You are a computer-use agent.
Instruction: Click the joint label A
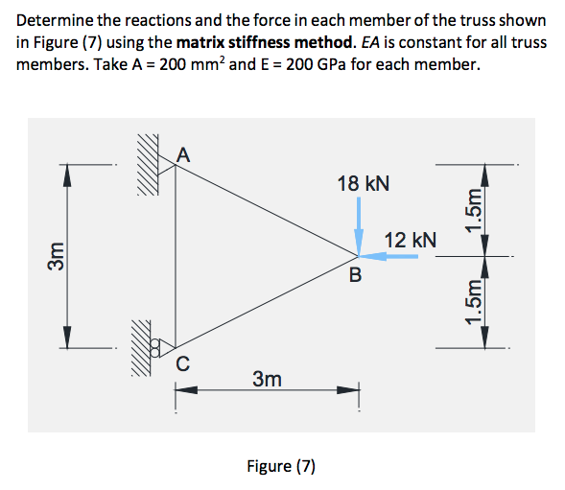tap(184, 151)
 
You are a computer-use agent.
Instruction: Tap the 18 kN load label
tap(364, 182)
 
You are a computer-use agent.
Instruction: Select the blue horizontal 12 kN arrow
tap(388, 256)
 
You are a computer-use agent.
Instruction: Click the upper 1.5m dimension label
tap(472, 210)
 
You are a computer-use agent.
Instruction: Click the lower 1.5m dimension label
tap(472, 301)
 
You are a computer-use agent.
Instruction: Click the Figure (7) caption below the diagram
tap(281, 466)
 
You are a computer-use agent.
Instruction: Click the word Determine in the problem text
tap(50, 20)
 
